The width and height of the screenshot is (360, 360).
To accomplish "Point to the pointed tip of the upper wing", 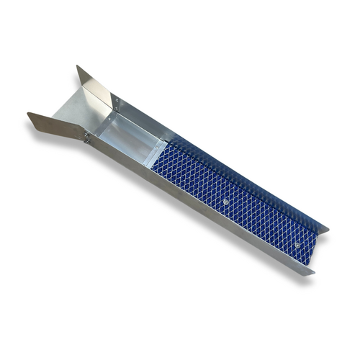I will coord(77,67).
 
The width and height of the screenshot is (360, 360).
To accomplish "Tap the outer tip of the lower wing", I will coord(30,114).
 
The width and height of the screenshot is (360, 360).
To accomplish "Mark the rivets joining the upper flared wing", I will coord(113,101).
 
